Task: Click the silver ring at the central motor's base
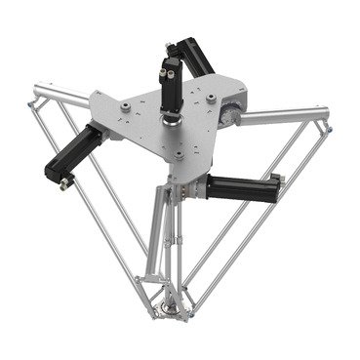(174, 122)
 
